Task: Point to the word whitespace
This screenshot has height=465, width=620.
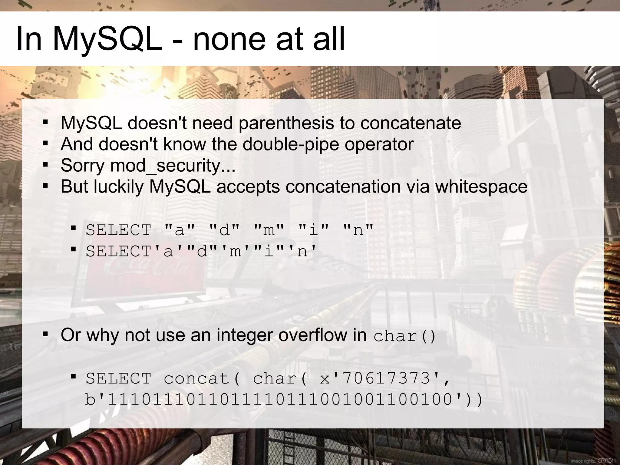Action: pyautogui.click(x=481, y=186)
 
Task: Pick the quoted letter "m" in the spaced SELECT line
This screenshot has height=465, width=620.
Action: pyautogui.click(x=269, y=230)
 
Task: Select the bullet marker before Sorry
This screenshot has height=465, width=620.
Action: pyautogui.click(x=45, y=165)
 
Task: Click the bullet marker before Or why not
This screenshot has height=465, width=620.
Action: pyautogui.click(x=45, y=335)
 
